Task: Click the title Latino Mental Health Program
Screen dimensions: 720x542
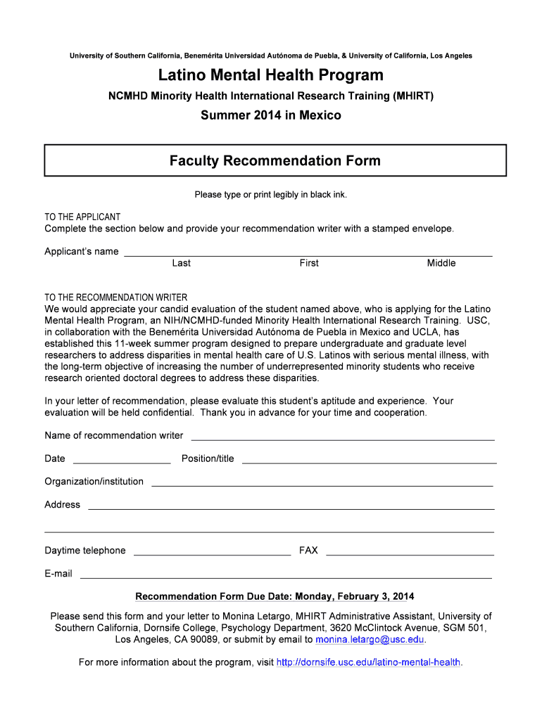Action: (271, 75)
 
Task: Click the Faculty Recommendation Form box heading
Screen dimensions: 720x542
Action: (275, 161)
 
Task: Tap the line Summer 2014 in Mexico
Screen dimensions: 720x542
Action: (271, 115)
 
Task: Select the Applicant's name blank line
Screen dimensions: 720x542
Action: (308, 254)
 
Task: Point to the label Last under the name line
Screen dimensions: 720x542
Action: (181, 263)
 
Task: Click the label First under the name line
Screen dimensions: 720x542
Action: (309, 263)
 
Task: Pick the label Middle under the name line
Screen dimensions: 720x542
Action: (441, 263)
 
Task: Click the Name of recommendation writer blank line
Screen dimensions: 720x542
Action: (343, 438)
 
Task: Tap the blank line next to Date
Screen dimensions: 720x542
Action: (122, 461)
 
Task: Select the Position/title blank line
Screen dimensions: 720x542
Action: (369, 461)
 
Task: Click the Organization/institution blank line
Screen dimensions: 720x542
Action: (322, 484)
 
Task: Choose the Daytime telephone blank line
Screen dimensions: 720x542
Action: (212, 553)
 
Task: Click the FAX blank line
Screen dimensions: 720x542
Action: (410, 553)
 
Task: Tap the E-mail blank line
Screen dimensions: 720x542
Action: (286, 577)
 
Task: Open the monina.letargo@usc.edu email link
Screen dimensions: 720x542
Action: (370, 640)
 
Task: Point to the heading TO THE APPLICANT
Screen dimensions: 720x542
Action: (82, 217)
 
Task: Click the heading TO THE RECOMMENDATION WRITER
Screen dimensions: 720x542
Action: (116, 297)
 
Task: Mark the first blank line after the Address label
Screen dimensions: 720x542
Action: (291, 508)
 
